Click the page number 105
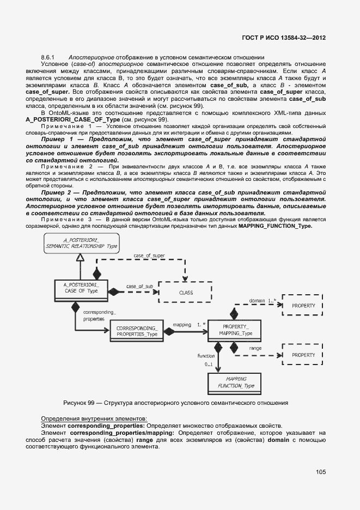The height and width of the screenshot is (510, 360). point(320,472)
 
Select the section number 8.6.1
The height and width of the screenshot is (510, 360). point(48,57)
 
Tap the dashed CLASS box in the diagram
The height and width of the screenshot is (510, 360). point(186,292)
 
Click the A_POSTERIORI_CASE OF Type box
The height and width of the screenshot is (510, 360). point(81,288)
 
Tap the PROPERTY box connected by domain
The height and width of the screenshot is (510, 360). point(303,306)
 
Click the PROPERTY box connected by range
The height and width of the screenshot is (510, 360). point(303,355)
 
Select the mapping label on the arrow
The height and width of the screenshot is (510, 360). point(181,325)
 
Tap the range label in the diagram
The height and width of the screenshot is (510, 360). point(255,348)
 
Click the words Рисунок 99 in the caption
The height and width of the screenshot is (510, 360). point(80,403)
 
